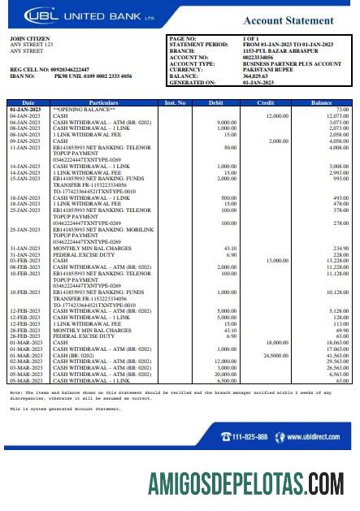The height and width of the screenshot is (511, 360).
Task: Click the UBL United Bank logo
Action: click(x=62, y=14)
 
